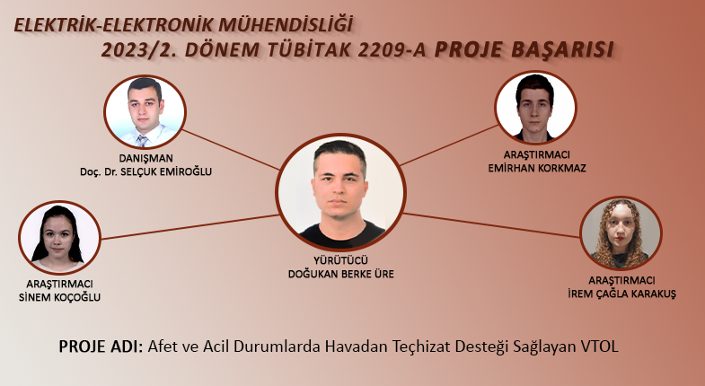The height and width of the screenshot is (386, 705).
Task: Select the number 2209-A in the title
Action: [392, 50]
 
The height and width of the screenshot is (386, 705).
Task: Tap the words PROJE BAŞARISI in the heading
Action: [524, 50]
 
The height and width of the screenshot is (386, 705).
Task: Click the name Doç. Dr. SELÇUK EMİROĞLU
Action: [145, 171]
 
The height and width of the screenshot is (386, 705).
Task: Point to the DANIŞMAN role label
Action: [145, 158]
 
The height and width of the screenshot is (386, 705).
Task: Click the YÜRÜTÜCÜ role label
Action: [340, 260]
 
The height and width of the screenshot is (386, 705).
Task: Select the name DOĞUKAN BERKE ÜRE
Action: [340, 274]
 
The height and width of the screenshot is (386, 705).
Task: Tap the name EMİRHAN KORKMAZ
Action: [537, 169]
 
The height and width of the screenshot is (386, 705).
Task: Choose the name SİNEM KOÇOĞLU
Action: [59, 297]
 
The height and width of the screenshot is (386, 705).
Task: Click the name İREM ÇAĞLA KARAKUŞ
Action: [621, 294]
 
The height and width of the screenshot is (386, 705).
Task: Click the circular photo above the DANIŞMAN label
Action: [145, 112]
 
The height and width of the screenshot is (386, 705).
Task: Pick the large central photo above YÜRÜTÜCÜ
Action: [340, 192]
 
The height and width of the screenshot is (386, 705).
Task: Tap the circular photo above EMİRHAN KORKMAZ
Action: [535, 108]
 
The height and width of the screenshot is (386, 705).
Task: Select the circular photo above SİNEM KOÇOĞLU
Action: [59, 237]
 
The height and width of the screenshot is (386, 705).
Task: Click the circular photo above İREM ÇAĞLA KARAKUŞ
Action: [621, 233]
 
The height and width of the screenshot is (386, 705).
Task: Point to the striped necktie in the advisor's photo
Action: [142, 141]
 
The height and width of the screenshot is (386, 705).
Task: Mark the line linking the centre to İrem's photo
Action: [491, 225]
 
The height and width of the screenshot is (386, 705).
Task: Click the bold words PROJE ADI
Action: [101, 347]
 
